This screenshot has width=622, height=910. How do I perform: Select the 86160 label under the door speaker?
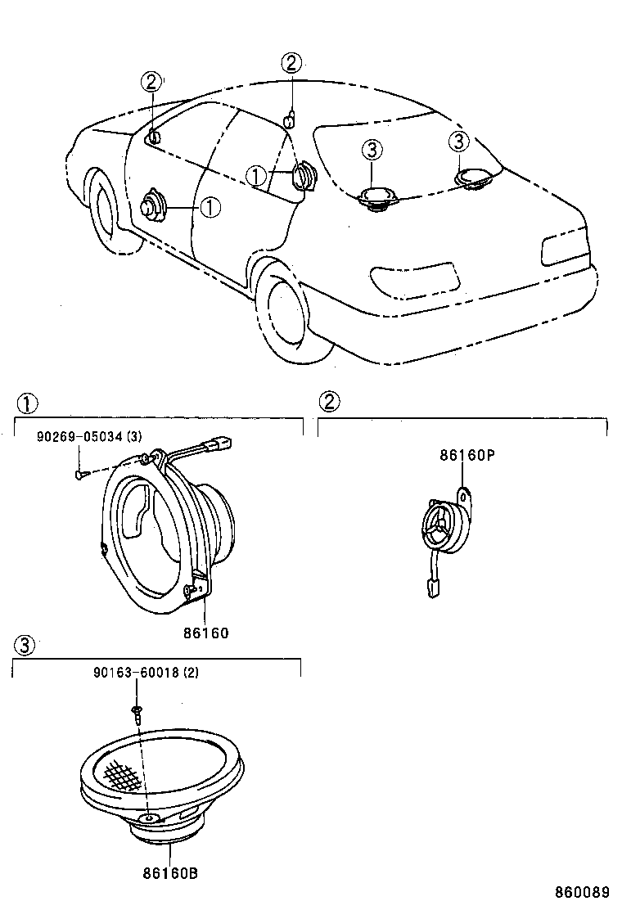(x=205, y=633)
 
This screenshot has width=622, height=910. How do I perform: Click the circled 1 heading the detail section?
(x=26, y=403)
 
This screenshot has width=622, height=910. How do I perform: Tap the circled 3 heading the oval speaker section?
(x=25, y=646)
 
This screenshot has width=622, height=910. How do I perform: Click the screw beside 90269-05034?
(x=79, y=472)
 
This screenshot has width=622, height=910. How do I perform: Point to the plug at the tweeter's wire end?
(x=433, y=587)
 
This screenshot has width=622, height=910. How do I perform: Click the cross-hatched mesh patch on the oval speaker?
(x=120, y=771)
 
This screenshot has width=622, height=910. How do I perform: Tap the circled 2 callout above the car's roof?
(x=292, y=62)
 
